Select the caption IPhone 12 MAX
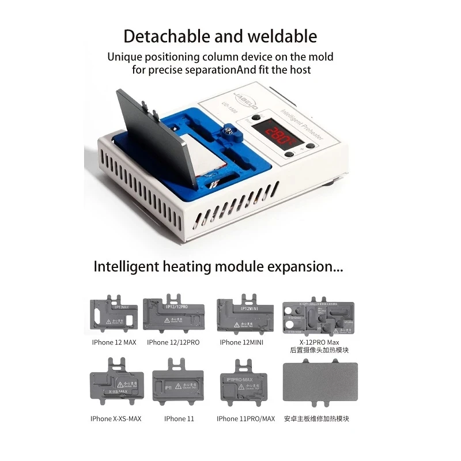tap(114, 342)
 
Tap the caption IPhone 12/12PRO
tap(173, 342)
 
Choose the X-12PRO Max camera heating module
tap(318, 318)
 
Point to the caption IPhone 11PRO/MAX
tap(246, 418)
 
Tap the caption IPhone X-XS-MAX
tap(116, 418)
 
